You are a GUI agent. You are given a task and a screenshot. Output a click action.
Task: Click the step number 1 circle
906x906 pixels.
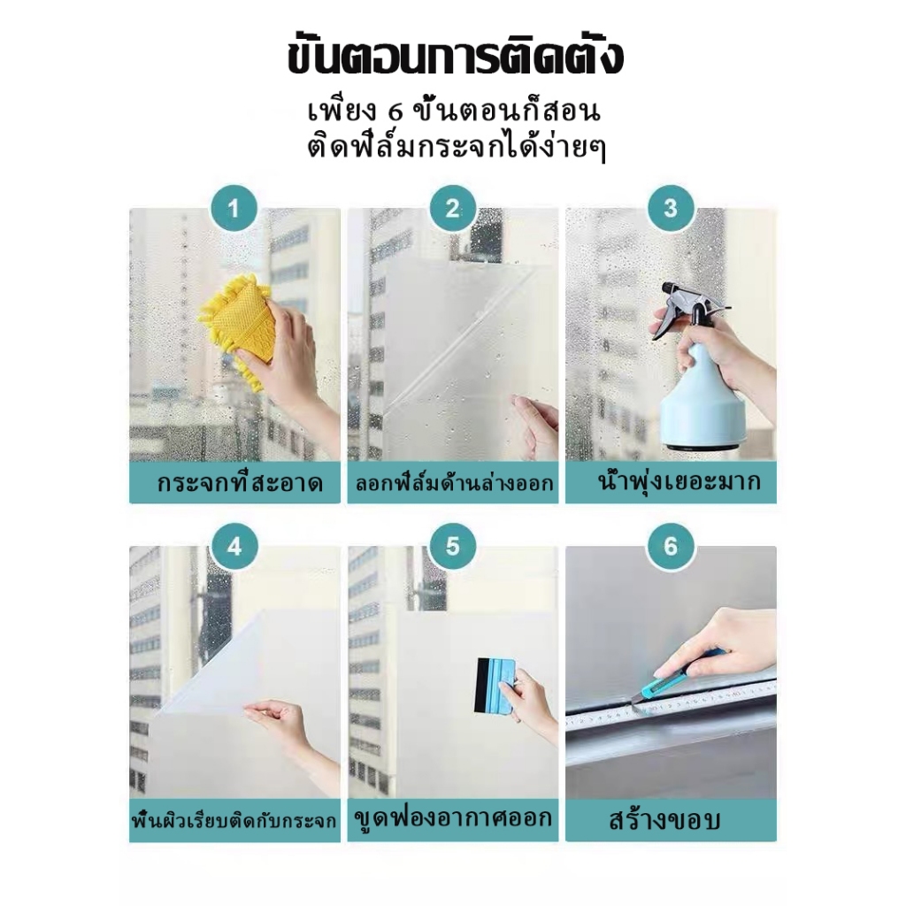click(x=234, y=210)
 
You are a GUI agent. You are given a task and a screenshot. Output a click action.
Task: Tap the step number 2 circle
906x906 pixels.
click(x=452, y=210)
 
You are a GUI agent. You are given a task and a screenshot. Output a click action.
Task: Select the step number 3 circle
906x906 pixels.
click(x=670, y=210)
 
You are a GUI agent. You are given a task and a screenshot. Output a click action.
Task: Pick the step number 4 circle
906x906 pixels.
click(x=234, y=547)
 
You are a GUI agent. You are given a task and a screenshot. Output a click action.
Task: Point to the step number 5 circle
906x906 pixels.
click(x=452, y=547)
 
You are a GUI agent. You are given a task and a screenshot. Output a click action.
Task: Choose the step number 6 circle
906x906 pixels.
click(x=670, y=547)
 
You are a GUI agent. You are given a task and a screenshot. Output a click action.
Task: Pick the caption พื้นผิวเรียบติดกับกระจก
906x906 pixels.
click(x=234, y=820)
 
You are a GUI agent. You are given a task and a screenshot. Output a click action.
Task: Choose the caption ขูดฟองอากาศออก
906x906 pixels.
click(x=452, y=818)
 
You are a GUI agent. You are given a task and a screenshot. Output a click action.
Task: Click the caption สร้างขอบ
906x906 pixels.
click(x=664, y=820)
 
